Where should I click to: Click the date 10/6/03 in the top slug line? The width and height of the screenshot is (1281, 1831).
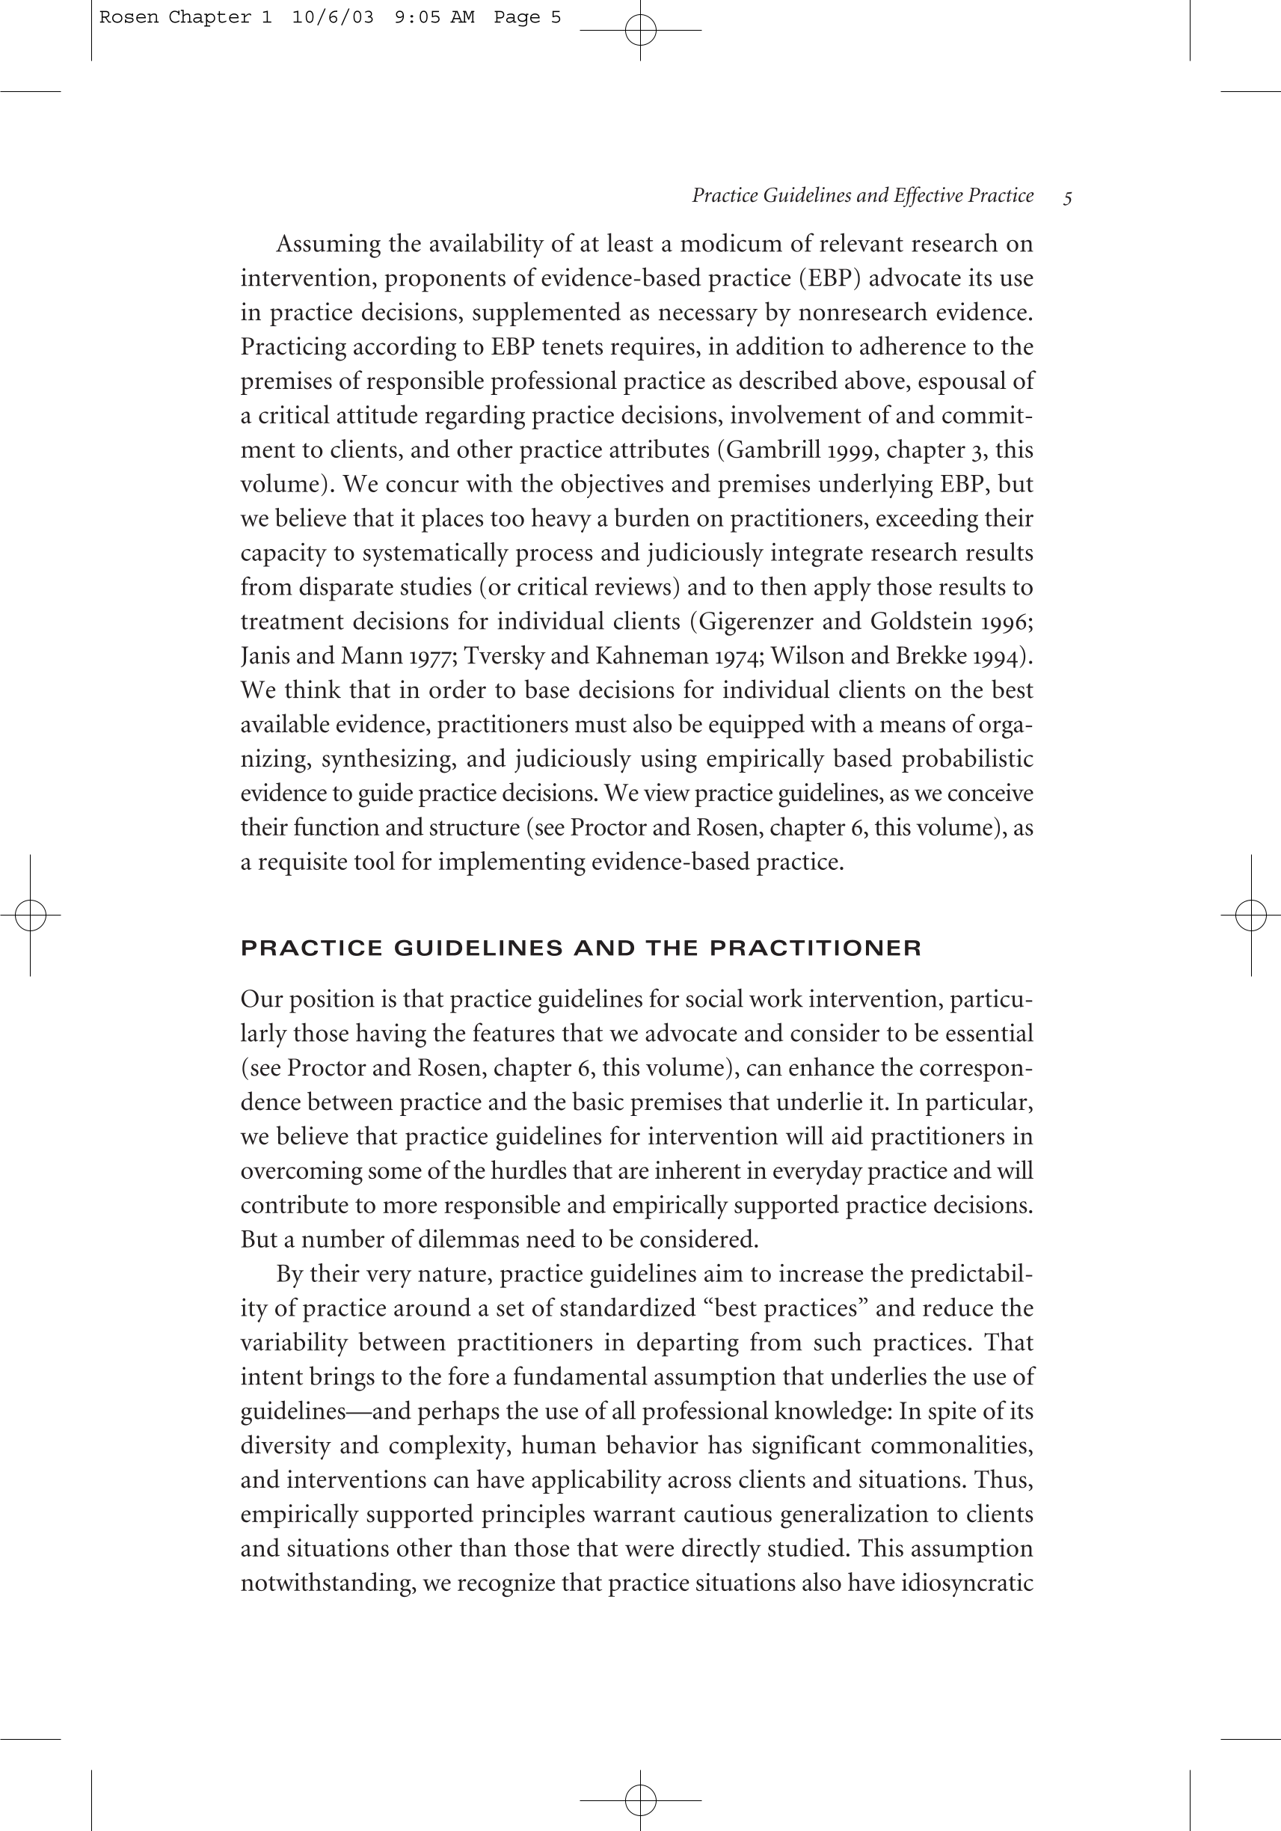coord(333,17)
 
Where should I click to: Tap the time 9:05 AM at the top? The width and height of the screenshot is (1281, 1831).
coord(434,17)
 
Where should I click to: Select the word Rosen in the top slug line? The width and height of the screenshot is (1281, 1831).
coord(129,17)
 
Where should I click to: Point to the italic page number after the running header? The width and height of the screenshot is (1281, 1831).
coord(1067,197)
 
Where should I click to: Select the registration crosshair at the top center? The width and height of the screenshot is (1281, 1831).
coord(640,31)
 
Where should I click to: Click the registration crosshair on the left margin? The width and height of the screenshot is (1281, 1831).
coord(31,915)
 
